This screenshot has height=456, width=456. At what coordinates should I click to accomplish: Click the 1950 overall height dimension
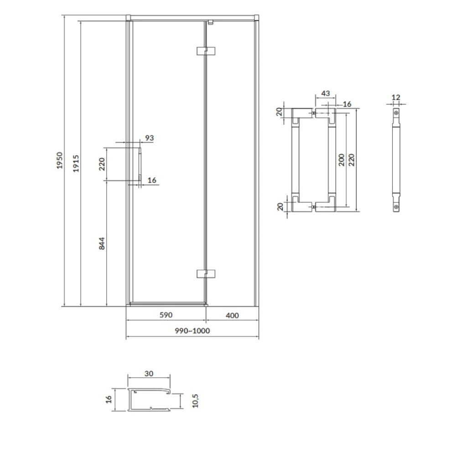pos(60,160)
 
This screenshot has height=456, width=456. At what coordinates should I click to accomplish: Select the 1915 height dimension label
pos(76,163)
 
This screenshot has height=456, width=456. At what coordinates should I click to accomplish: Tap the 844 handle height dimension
pos(102,244)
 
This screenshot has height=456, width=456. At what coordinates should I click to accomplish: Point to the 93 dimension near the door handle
pos(149,138)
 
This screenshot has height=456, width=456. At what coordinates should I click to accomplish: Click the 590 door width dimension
pos(166,315)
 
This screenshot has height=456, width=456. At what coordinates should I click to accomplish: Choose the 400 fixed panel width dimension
pos(232,315)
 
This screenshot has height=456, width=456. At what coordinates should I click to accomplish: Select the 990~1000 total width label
pos(192,331)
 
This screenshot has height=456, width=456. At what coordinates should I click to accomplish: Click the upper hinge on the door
pos(206,51)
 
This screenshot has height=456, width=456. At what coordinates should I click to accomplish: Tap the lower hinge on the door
pos(206,274)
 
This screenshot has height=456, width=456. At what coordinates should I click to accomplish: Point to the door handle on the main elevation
pos(140,164)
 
